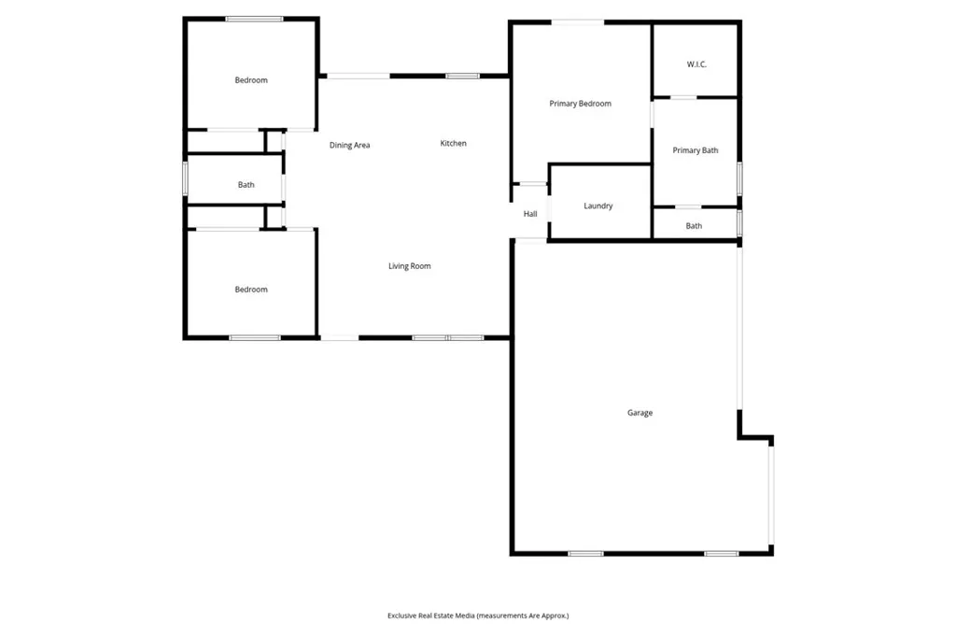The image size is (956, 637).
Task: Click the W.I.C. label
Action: coord(696,64)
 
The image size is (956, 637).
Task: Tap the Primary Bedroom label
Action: coord(580,104)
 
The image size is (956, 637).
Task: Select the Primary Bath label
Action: coord(696,150)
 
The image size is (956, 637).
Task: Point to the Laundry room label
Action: coord(597,206)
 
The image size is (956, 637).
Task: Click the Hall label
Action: coord(530,214)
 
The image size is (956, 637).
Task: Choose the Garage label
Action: coord(640,413)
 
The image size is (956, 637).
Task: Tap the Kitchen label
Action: coord(454,143)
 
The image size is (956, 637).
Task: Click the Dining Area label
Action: coord(350,145)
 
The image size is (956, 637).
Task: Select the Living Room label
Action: coord(410,266)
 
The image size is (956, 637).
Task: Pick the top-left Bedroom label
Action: coord(251,80)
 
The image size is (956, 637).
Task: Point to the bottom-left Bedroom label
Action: coord(251,290)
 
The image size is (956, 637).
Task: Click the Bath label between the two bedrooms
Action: coord(246,185)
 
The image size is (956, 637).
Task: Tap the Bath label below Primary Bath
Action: coord(694,226)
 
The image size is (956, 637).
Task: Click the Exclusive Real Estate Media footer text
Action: coord(478,616)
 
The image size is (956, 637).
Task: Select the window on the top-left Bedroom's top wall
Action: coord(254,19)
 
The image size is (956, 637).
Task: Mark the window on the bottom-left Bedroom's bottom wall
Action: coord(255,337)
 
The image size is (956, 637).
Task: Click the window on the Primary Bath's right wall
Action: coord(739,177)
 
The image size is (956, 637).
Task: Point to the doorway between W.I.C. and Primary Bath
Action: coord(684,97)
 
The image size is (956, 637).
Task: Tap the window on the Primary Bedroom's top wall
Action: coord(577,21)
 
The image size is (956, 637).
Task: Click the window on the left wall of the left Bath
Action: coord(186,178)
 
